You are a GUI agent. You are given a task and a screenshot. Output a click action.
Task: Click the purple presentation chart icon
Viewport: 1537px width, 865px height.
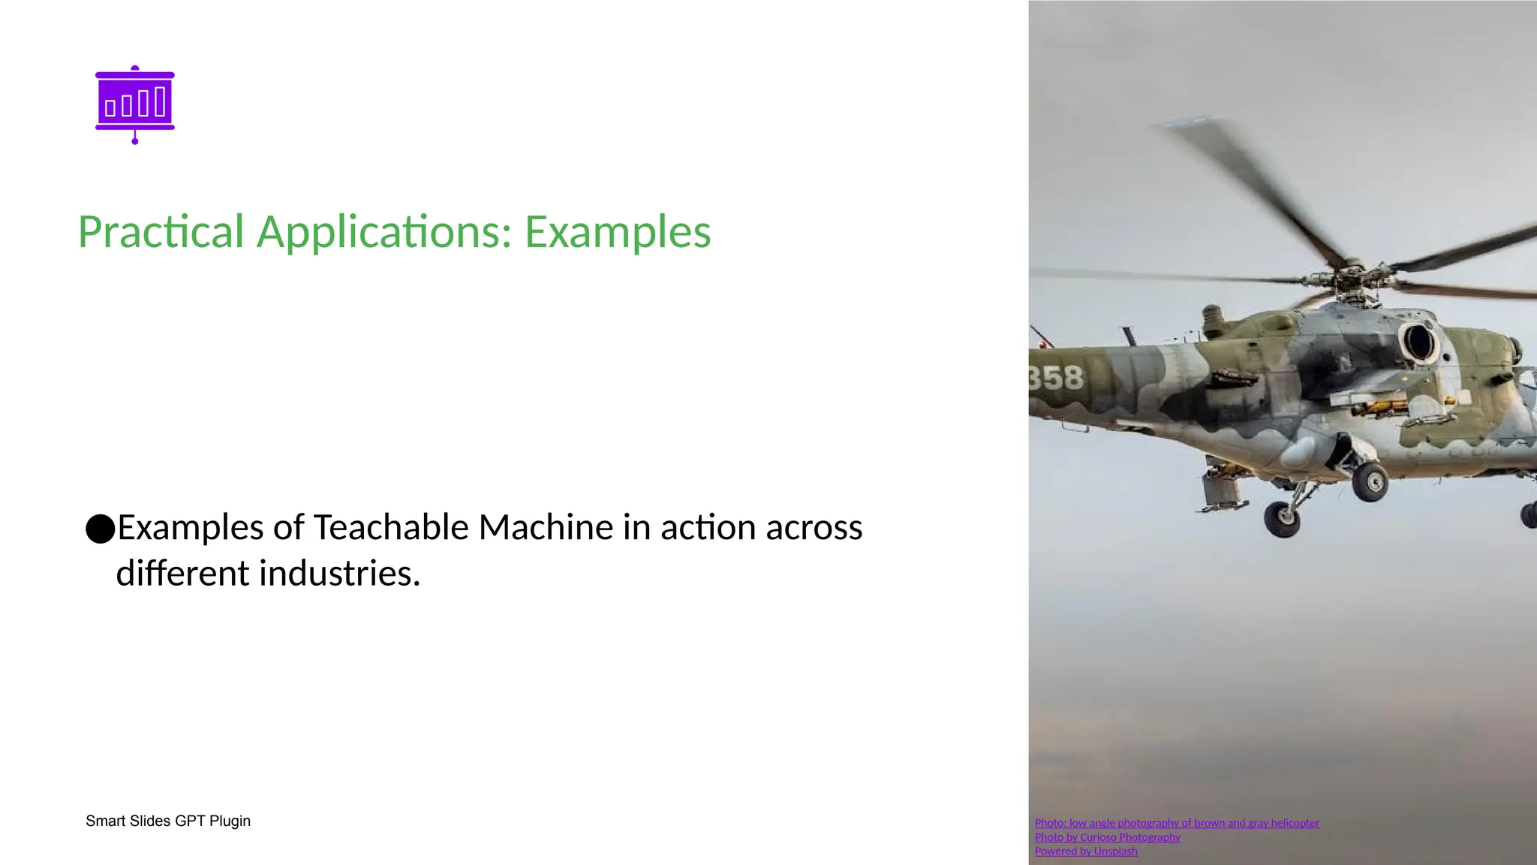(x=135, y=104)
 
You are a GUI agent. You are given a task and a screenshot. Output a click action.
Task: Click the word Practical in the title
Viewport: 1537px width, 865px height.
(x=161, y=232)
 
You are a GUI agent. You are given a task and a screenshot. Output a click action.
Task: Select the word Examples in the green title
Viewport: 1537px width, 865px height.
(x=617, y=232)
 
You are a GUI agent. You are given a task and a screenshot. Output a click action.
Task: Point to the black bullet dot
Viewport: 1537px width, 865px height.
(x=100, y=529)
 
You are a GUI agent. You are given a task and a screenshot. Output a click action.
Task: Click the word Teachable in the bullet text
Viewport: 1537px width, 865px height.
(x=390, y=527)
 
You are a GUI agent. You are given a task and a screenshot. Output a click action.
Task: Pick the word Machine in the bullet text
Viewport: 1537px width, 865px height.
(x=546, y=527)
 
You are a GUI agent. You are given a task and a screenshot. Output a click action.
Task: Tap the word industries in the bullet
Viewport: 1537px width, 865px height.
(x=339, y=574)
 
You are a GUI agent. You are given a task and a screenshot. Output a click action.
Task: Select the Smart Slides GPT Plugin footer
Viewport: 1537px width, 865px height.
(x=168, y=821)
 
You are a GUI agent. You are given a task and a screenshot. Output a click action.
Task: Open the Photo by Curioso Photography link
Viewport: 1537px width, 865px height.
(x=1107, y=837)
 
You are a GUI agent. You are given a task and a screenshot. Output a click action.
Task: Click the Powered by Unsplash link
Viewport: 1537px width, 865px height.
(x=1086, y=851)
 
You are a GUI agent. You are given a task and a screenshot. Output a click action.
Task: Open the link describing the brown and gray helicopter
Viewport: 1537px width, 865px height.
(x=1177, y=823)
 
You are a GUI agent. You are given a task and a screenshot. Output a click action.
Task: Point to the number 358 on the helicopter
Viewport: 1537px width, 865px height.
(x=1056, y=378)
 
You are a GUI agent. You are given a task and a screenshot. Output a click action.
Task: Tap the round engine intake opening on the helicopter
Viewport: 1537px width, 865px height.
(x=1418, y=342)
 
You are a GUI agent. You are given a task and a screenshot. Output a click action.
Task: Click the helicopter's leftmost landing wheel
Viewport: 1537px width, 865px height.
(x=1282, y=518)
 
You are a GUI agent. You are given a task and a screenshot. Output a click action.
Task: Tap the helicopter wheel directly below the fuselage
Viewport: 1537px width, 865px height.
(x=1370, y=482)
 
